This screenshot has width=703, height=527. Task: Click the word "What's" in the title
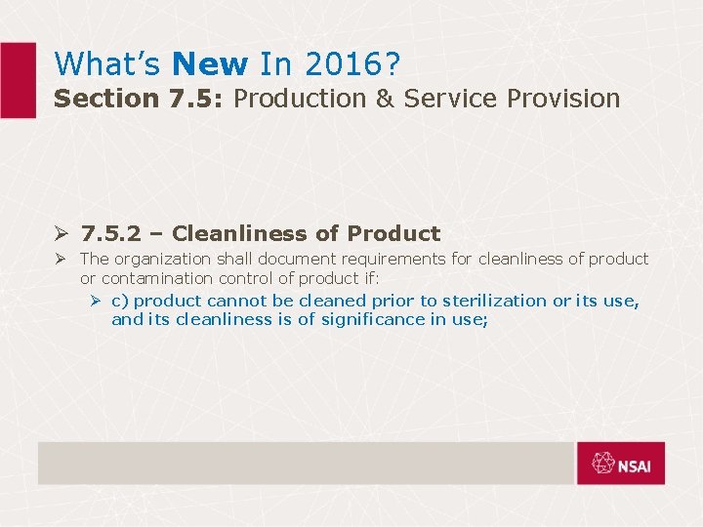pyautogui.click(x=106, y=64)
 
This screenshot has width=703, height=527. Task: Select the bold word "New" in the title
pyautogui.click(x=209, y=64)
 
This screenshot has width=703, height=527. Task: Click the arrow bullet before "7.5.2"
pyautogui.click(x=61, y=234)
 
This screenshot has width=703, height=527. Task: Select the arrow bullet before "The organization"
pyautogui.click(x=61, y=259)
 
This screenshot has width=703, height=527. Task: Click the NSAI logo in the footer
pyautogui.click(x=620, y=464)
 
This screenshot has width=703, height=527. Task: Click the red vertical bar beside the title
pyautogui.click(x=18, y=80)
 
